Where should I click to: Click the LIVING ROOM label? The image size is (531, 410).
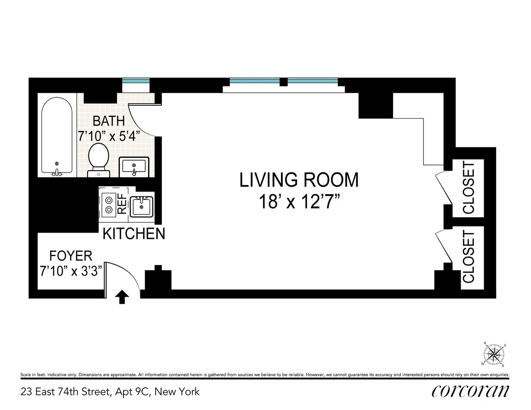[299, 180]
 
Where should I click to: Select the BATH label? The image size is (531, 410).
[108, 121]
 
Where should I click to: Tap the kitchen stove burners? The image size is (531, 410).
[108, 205]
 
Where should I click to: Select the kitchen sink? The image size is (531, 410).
[141, 207]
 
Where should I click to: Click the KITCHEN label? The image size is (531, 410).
[134, 234]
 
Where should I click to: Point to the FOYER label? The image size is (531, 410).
[71, 256]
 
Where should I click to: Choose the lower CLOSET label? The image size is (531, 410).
[468, 257]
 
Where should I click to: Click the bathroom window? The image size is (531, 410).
[136, 81]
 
